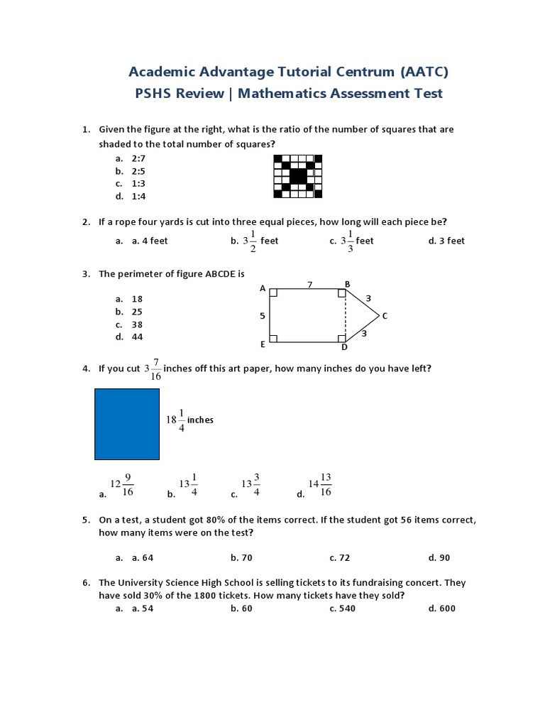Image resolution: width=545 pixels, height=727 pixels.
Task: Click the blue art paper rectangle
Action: pos(127,424)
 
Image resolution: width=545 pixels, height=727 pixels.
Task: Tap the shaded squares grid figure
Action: pos(297,176)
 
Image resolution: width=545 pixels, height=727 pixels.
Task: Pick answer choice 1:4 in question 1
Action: pos(138,196)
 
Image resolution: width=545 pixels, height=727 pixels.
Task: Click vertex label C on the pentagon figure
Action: pos(385,316)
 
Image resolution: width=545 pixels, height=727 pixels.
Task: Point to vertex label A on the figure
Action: pos(263,289)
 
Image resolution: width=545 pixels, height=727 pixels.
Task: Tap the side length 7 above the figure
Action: pos(309,284)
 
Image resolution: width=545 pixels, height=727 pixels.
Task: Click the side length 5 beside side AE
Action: pos(262,316)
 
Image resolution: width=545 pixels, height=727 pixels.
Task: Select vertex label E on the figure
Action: pos(263,344)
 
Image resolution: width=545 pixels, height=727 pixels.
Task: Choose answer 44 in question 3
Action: pos(137,337)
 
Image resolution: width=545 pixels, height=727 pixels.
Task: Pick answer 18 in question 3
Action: pos(137,299)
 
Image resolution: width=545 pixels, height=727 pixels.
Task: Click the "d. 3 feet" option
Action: pos(446,241)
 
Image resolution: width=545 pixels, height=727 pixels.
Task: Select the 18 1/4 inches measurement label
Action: pos(189,420)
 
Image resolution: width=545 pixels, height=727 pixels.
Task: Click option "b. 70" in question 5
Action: pos(241,558)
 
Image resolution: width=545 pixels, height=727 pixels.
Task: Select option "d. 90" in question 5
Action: pos(439,558)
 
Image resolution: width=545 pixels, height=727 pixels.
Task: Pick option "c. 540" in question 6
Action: pos(343,608)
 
